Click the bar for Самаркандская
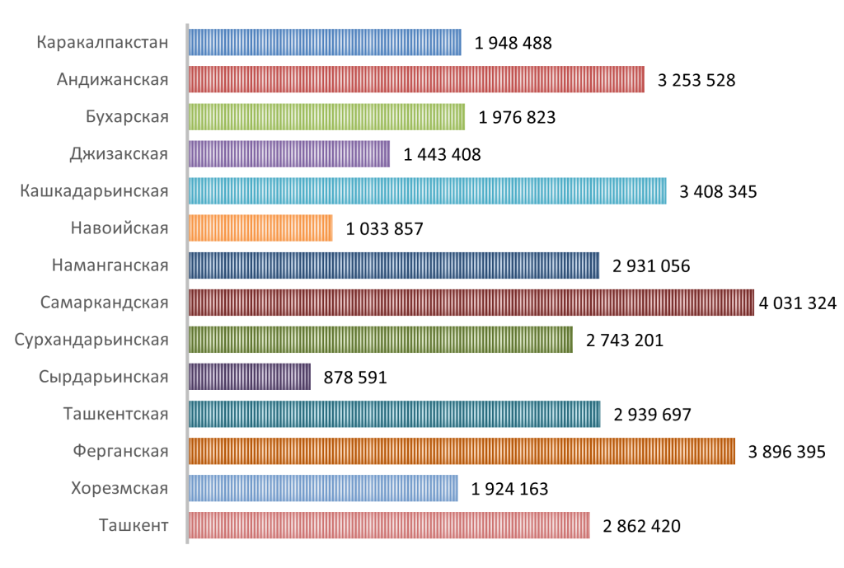click(471, 303)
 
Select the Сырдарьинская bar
click(250, 377)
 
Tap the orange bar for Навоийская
click(260, 228)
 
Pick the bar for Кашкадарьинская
click(427, 191)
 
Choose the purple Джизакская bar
click(288, 154)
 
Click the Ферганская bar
click(462, 451)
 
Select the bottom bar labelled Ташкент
click(389, 525)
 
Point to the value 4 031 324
click(798, 303)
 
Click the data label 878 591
click(355, 378)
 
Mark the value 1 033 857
click(385, 229)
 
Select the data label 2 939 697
click(652, 415)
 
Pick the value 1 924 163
click(509, 489)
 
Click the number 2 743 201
click(625, 340)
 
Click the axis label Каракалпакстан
click(103, 43)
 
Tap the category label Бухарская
click(127, 117)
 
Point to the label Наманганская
click(110, 265)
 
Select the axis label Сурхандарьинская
click(91, 340)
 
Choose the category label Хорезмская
click(120, 488)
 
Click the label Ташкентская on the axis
click(115, 414)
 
